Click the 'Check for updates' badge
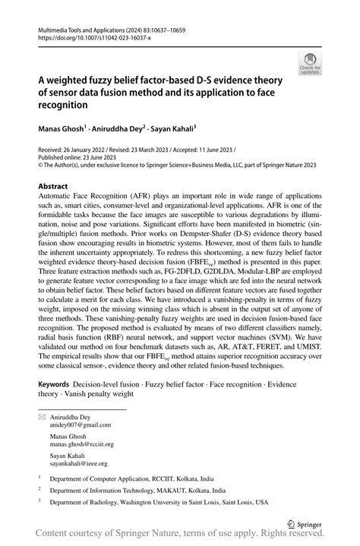[310, 64]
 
